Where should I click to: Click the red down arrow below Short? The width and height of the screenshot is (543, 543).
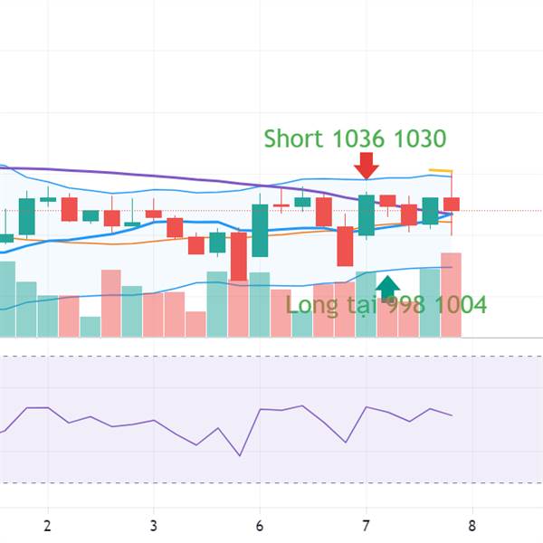click(367, 166)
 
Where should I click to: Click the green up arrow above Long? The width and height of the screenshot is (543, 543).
click(387, 287)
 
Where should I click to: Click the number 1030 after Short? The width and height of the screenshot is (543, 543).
click(421, 138)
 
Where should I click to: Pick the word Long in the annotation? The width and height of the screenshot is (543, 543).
click(312, 305)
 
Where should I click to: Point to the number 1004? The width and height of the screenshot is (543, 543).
click(459, 305)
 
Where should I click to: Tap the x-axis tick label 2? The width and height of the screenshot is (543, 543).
click(47, 525)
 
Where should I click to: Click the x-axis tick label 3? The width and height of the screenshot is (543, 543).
click(154, 525)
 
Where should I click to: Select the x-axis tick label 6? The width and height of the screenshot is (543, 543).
click(260, 525)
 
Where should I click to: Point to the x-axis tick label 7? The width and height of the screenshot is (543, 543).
click(367, 525)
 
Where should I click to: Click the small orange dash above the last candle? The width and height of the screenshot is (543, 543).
click(440, 170)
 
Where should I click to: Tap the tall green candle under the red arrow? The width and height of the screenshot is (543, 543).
click(367, 215)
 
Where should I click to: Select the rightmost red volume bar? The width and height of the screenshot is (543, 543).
click(451, 294)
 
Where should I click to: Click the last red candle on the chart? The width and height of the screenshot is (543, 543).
click(452, 205)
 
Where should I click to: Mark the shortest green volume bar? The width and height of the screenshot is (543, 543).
click(90, 327)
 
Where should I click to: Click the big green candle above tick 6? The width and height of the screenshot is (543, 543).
click(260, 230)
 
